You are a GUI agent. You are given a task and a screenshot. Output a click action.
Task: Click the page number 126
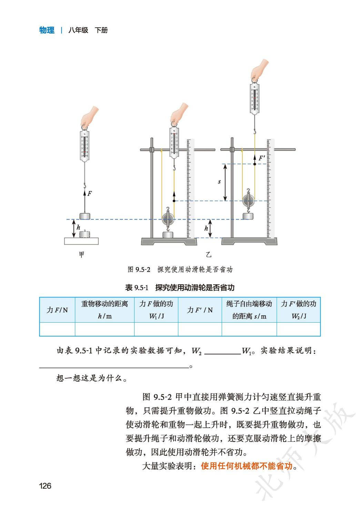[x=45, y=486]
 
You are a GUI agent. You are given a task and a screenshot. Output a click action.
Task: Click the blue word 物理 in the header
[x=47, y=30]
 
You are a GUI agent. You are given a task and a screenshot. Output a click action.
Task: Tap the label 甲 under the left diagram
[x=82, y=255]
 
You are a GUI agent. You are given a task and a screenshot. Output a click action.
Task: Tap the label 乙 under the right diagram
[x=208, y=255]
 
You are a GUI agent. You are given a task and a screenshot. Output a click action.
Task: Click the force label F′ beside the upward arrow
[x=262, y=158]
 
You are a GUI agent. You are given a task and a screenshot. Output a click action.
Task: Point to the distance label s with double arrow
[x=220, y=182]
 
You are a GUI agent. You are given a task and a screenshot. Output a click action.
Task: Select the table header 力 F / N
[x=57, y=310]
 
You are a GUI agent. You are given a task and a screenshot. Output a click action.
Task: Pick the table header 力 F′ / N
[x=200, y=310]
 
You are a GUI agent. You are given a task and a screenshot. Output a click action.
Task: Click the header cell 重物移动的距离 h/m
[x=104, y=310]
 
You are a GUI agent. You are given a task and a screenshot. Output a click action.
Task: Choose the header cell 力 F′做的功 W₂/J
[x=299, y=310]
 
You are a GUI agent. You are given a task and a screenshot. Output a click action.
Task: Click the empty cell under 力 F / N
[x=57, y=329]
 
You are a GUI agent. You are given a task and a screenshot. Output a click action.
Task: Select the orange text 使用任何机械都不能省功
[x=247, y=466]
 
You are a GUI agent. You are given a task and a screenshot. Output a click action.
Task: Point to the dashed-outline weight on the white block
[x=85, y=234]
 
